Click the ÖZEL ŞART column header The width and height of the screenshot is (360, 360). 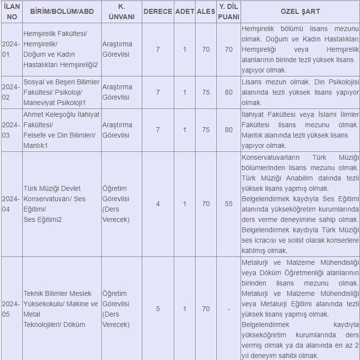[x=300, y=11]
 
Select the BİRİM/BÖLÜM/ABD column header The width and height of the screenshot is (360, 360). [x=62, y=11]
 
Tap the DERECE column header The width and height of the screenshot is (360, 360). [x=158, y=11]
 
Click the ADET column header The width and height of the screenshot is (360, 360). [x=184, y=11]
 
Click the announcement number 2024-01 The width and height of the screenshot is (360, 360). [x=11, y=49]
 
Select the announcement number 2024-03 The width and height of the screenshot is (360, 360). [x=11, y=130]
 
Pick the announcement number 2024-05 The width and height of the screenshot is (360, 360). [x=11, y=309]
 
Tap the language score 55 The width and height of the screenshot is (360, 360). [x=229, y=204]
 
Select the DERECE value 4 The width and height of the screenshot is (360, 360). [x=158, y=204]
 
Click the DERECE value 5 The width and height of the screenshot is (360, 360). [x=158, y=309]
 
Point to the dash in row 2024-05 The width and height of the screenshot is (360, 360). [x=229, y=309]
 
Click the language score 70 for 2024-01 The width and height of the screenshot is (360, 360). [x=229, y=49]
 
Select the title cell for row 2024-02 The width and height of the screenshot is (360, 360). [x=117, y=92]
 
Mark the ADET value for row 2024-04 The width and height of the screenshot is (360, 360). [x=184, y=204]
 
